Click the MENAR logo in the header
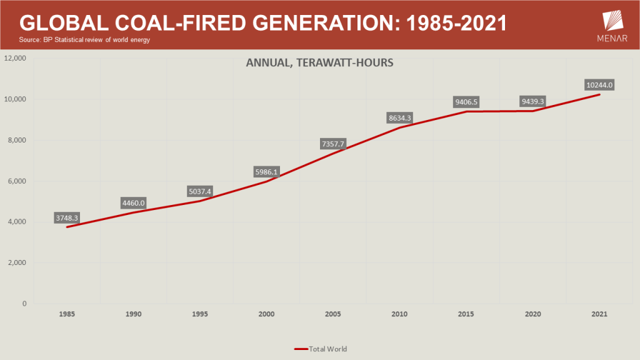coord(612,26)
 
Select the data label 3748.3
coord(66,218)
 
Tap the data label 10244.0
coord(599,85)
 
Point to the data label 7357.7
coord(333,144)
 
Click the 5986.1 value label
coord(266,172)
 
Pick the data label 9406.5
coord(466,102)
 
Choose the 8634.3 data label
coord(399,118)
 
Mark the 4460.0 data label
coord(134,203)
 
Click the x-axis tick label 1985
coord(67,314)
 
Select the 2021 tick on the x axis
coord(599,314)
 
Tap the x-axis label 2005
coord(333,314)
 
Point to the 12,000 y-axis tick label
coord(15,58)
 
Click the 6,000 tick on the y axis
coord(17,181)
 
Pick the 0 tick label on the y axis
coord(24,303)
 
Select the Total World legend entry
coord(321,349)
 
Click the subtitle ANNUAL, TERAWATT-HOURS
coord(319,62)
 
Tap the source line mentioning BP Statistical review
coord(84,39)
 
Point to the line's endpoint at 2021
coord(599,95)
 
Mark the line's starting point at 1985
coord(67,227)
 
